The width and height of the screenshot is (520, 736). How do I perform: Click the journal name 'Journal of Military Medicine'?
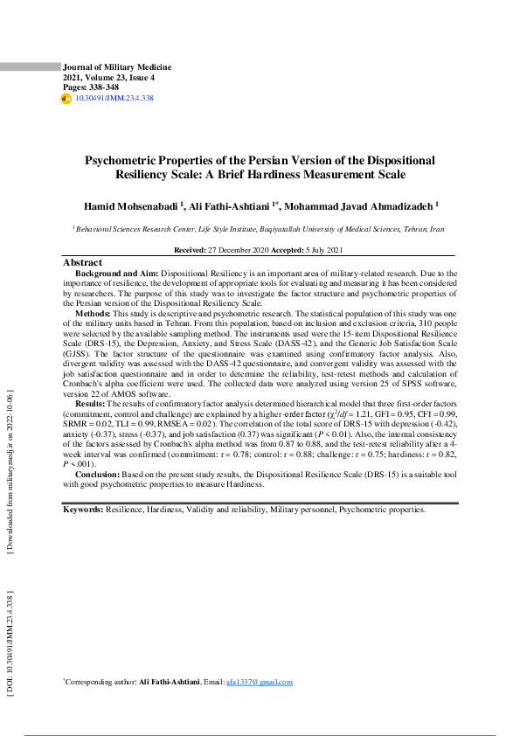point(117,67)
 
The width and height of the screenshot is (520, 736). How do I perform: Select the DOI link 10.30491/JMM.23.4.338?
point(114,99)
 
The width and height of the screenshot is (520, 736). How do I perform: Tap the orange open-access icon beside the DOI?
point(66,100)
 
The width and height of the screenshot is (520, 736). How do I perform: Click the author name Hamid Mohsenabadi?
point(129,206)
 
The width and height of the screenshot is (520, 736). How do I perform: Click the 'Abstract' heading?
point(82,262)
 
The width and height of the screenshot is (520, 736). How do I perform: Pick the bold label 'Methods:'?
point(92,312)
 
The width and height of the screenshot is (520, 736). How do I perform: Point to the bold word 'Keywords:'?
point(83,509)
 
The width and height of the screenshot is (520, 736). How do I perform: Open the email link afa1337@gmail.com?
point(259,682)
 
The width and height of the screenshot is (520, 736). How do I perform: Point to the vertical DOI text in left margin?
point(10,646)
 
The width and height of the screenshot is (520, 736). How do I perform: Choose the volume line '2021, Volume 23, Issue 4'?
point(108,78)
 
